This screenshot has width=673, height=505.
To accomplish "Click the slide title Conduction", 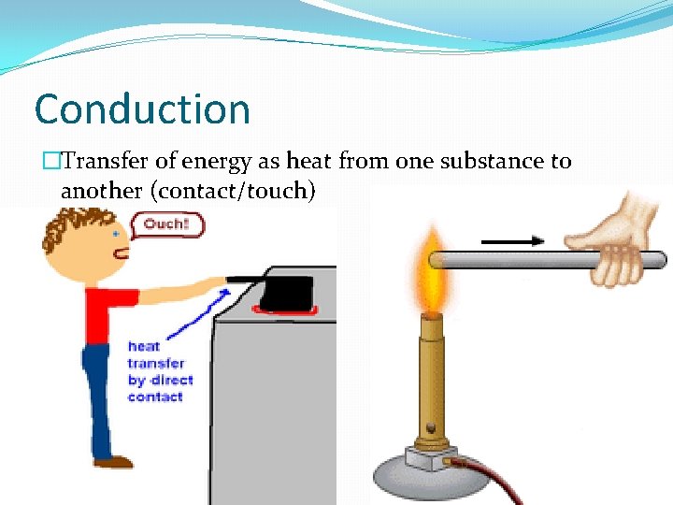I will [x=142, y=109].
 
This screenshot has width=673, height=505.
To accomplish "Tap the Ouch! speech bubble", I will [x=165, y=224].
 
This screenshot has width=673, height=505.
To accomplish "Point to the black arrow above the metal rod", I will [x=513, y=240].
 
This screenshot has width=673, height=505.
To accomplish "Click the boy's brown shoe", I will [x=114, y=461].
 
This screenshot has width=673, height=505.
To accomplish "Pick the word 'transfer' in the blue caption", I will [x=155, y=363].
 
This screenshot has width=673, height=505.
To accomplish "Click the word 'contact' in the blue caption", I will [x=155, y=397].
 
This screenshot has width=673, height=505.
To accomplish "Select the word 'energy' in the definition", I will [x=218, y=161].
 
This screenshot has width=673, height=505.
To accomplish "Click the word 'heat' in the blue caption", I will [x=143, y=346].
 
